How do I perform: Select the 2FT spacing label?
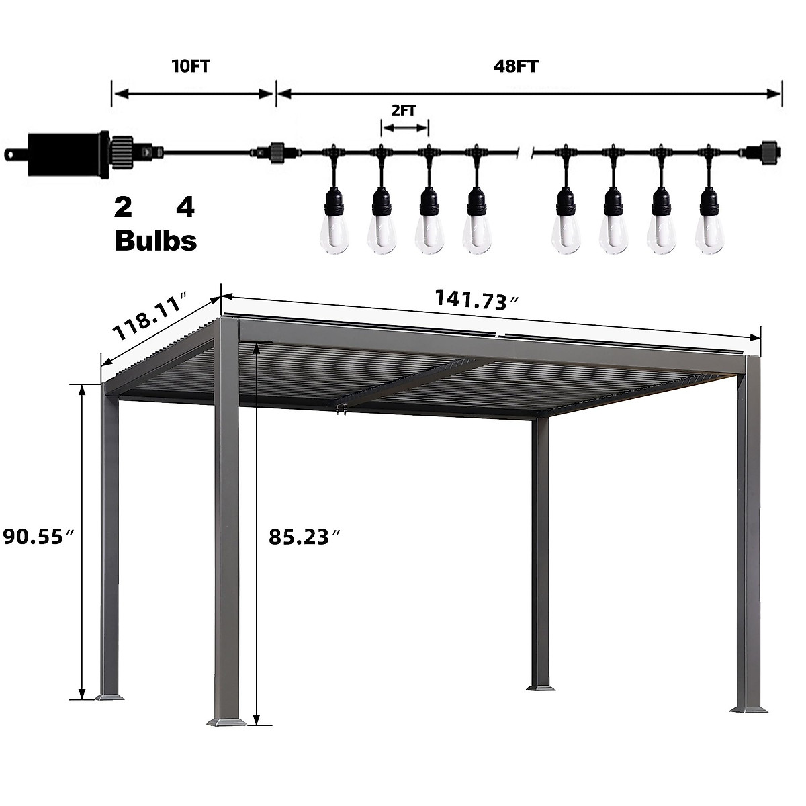click(x=404, y=111)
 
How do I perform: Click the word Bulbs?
click(x=156, y=240)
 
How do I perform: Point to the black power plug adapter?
click(x=67, y=153)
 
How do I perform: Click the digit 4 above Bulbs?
click(x=185, y=208)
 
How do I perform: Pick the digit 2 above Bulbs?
click(x=123, y=208)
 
